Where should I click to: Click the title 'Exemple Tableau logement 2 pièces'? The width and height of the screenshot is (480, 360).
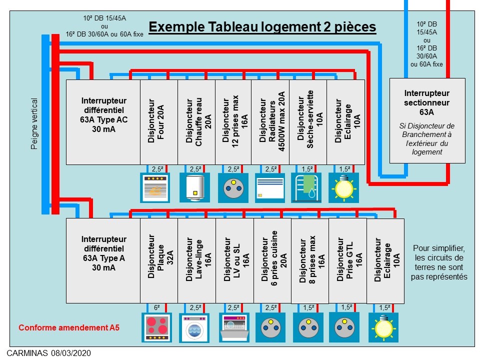[x=262, y=27]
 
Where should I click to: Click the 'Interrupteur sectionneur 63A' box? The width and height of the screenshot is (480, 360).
[x=427, y=120]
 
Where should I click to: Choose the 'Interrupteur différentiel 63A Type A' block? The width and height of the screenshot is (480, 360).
[x=103, y=260]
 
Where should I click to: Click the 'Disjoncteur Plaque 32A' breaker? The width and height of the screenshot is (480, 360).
[x=159, y=260]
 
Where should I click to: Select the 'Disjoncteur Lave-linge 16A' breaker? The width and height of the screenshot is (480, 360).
[x=196, y=260]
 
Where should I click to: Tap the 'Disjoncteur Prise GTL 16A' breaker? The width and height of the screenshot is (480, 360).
[x=347, y=260]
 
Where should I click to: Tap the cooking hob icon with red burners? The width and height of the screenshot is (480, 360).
[x=157, y=327]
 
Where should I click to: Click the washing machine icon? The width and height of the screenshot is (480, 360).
[x=194, y=327]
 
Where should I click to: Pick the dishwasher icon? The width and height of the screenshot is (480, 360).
[x=234, y=327]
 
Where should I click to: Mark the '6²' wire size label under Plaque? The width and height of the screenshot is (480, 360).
[x=157, y=307]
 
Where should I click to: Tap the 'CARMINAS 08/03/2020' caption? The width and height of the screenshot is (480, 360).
[x=49, y=353]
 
